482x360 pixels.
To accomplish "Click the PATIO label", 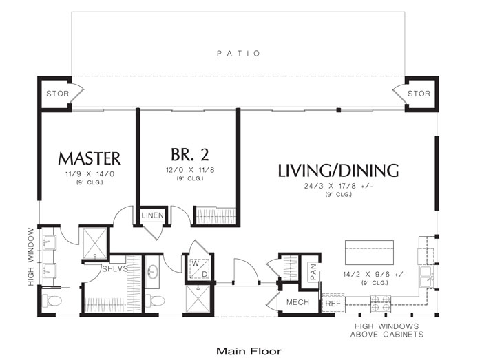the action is [x=238, y=54].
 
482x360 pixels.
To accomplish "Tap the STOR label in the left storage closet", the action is [x=57, y=94].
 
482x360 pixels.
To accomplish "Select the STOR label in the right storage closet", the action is [x=419, y=94].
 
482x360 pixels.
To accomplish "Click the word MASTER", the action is [x=90, y=158].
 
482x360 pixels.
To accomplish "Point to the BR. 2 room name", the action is [x=189, y=154].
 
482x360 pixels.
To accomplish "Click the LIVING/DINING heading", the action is [x=338, y=171].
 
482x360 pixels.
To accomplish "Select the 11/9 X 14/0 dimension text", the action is [x=90, y=174].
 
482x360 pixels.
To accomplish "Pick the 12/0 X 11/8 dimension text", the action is [x=190, y=170].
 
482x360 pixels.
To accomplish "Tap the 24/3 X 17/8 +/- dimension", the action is [x=339, y=186].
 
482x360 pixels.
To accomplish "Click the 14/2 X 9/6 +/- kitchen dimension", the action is [x=375, y=274].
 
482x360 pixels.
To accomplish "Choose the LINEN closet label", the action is [x=152, y=215].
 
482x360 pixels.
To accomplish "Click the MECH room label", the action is [x=297, y=302].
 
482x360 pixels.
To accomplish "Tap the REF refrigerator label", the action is [x=333, y=304].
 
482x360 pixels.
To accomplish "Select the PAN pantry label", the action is [x=313, y=273].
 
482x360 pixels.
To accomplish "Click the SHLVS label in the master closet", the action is [x=115, y=269].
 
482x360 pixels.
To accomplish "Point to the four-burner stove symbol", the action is [x=381, y=304].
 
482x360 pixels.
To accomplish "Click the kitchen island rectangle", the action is [x=369, y=253].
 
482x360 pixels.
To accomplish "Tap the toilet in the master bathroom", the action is [x=51, y=300].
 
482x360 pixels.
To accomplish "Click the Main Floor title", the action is [x=249, y=351].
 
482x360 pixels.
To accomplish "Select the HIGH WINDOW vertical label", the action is [x=31, y=257].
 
